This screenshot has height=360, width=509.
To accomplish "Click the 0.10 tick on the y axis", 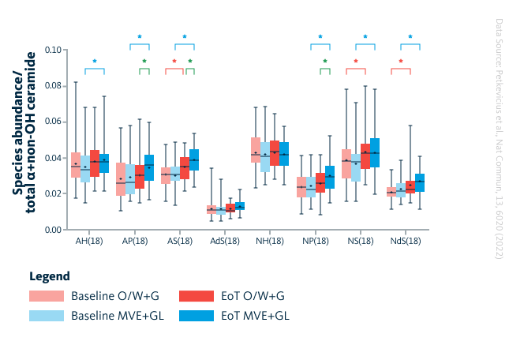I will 51,50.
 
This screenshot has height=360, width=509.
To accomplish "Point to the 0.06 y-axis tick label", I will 51,122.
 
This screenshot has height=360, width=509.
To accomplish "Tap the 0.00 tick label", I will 51,230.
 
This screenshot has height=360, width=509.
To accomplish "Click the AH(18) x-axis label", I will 89,240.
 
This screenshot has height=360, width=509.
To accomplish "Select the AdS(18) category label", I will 224,240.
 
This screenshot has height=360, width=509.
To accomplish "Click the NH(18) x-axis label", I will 269,240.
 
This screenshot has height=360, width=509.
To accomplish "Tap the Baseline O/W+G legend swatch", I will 47,297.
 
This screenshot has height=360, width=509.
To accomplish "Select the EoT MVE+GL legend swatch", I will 196,316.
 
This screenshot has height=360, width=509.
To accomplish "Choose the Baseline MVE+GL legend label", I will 112,316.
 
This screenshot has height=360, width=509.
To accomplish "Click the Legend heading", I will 50,276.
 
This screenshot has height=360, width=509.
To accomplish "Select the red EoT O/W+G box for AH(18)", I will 95,163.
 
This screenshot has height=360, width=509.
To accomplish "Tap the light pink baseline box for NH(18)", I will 256,150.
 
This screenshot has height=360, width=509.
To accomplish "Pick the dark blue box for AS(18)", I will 194,159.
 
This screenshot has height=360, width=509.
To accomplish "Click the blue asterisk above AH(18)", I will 95,61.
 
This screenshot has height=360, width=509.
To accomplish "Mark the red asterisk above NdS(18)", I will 400,61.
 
